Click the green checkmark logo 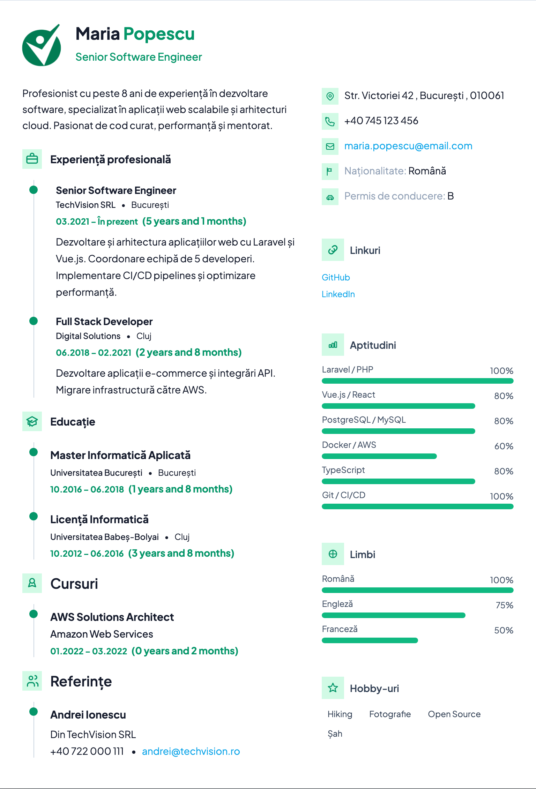(42, 45)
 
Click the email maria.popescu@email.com (408, 146)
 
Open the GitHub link (336, 277)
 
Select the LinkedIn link (338, 294)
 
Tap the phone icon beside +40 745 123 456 (330, 121)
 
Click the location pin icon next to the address (330, 96)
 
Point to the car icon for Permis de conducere (330, 196)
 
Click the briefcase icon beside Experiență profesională (32, 159)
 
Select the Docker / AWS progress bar (379, 456)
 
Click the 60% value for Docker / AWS (504, 446)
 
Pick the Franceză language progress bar (370, 640)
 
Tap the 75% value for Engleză (504, 605)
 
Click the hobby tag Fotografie (390, 714)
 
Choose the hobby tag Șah (335, 734)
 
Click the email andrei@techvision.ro (191, 751)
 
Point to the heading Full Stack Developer (104, 322)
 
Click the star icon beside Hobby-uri (333, 688)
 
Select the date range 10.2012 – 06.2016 (87, 554)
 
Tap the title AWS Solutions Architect (112, 617)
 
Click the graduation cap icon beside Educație (32, 421)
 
